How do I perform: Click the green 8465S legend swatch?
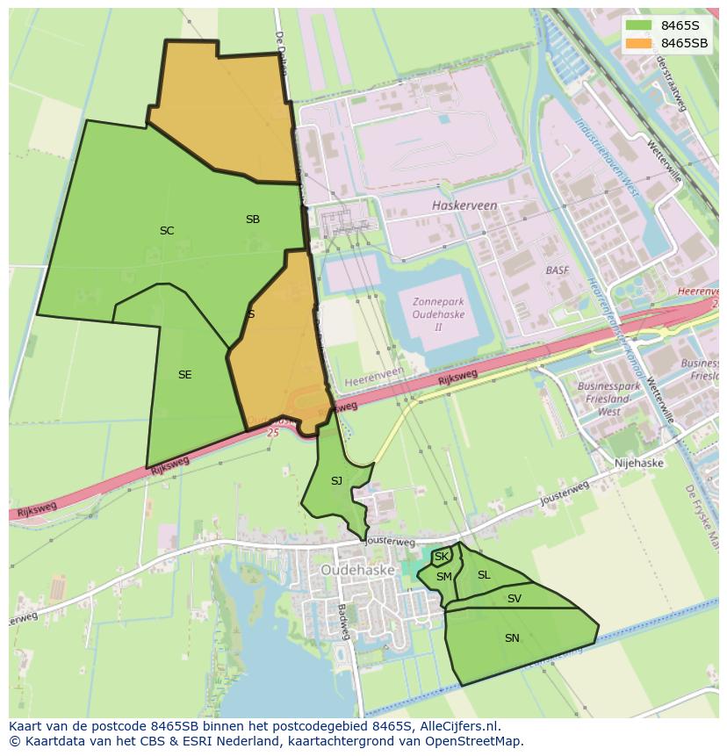click(x=639, y=25)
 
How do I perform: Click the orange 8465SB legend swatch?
click(x=639, y=43)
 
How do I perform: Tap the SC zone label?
click(x=167, y=231)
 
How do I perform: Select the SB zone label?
click(x=253, y=220)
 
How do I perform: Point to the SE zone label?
click(x=184, y=375)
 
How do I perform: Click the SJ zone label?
click(x=336, y=481)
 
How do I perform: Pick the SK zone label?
click(x=441, y=557)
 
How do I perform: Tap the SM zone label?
click(x=443, y=577)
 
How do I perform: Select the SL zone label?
click(x=484, y=575)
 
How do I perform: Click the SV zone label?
click(x=515, y=599)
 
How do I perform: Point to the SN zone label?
click(x=512, y=638)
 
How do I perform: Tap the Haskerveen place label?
click(x=464, y=205)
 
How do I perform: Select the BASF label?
click(x=557, y=270)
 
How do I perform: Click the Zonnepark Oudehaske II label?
click(x=438, y=314)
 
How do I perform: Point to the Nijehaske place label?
click(x=639, y=463)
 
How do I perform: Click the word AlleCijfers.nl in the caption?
click(x=459, y=726)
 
